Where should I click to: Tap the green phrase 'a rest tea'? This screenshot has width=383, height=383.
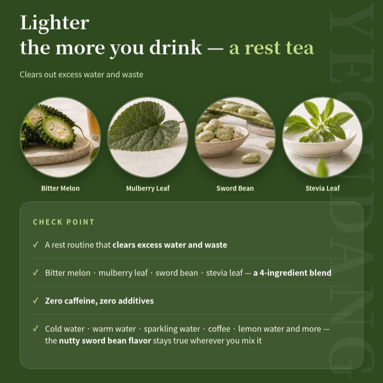pyautogui.click(x=272, y=48)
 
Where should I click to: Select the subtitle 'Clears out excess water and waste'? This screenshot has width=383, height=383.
pyautogui.click(x=82, y=75)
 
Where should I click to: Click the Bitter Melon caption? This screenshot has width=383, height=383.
pyautogui.click(x=60, y=189)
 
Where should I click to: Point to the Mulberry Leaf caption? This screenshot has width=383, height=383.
pyautogui.click(x=148, y=189)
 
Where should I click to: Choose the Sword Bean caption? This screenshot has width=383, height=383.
pyautogui.click(x=235, y=189)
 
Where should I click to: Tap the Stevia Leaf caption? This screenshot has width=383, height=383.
pyautogui.click(x=323, y=188)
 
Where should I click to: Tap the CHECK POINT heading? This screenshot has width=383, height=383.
pyautogui.click(x=63, y=222)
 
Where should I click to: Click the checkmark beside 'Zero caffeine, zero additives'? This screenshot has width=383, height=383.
pyautogui.click(x=36, y=300)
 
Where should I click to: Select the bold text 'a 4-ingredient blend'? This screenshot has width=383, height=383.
pyautogui.click(x=292, y=273)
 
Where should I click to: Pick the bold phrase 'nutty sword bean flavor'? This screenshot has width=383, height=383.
pyautogui.click(x=105, y=340)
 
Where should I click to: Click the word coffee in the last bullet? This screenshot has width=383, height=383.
pyautogui.click(x=219, y=329)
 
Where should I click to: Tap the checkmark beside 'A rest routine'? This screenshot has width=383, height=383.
pyautogui.click(x=36, y=245)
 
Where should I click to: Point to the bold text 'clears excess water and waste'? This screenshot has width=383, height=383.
pyautogui.click(x=170, y=245)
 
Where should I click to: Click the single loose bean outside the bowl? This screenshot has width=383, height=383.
pyautogui.click(x=251, y=158)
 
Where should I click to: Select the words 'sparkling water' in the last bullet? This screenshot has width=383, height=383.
pyautogui.click(x=172, y=329)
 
